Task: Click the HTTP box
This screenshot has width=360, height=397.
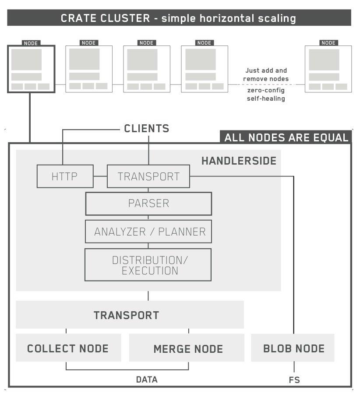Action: coord(65,176)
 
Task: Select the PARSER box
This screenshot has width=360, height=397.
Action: coord(148,204)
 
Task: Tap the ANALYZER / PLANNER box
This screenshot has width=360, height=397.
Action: coord(148,232)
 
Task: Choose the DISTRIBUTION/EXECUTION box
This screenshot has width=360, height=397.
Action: coord(148,265)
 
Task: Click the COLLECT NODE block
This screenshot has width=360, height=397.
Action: coord(68,348)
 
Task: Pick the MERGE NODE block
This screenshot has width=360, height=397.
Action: coord(187,349)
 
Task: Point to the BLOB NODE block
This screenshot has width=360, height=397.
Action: coord(293,348)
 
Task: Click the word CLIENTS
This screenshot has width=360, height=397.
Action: coord(146,129)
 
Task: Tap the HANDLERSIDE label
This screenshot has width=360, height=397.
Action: coord(239,161)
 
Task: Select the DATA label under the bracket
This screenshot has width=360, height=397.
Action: coord(147,379)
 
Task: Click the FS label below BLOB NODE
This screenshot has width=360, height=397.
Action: coord(294,380)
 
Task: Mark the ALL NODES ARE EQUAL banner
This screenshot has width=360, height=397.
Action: coord(286,137)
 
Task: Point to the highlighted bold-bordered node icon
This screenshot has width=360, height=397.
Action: coord(31,69)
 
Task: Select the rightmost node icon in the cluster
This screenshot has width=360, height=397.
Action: coord(328,69)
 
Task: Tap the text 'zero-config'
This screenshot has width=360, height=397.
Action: coord(265,90)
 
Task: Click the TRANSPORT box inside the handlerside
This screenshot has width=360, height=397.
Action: coord(148,176)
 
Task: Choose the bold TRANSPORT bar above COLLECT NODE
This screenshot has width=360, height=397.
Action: coord(127,315)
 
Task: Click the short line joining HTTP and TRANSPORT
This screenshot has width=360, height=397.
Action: coord(100,176)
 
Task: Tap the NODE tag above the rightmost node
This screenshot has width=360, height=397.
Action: coord(328,43)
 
